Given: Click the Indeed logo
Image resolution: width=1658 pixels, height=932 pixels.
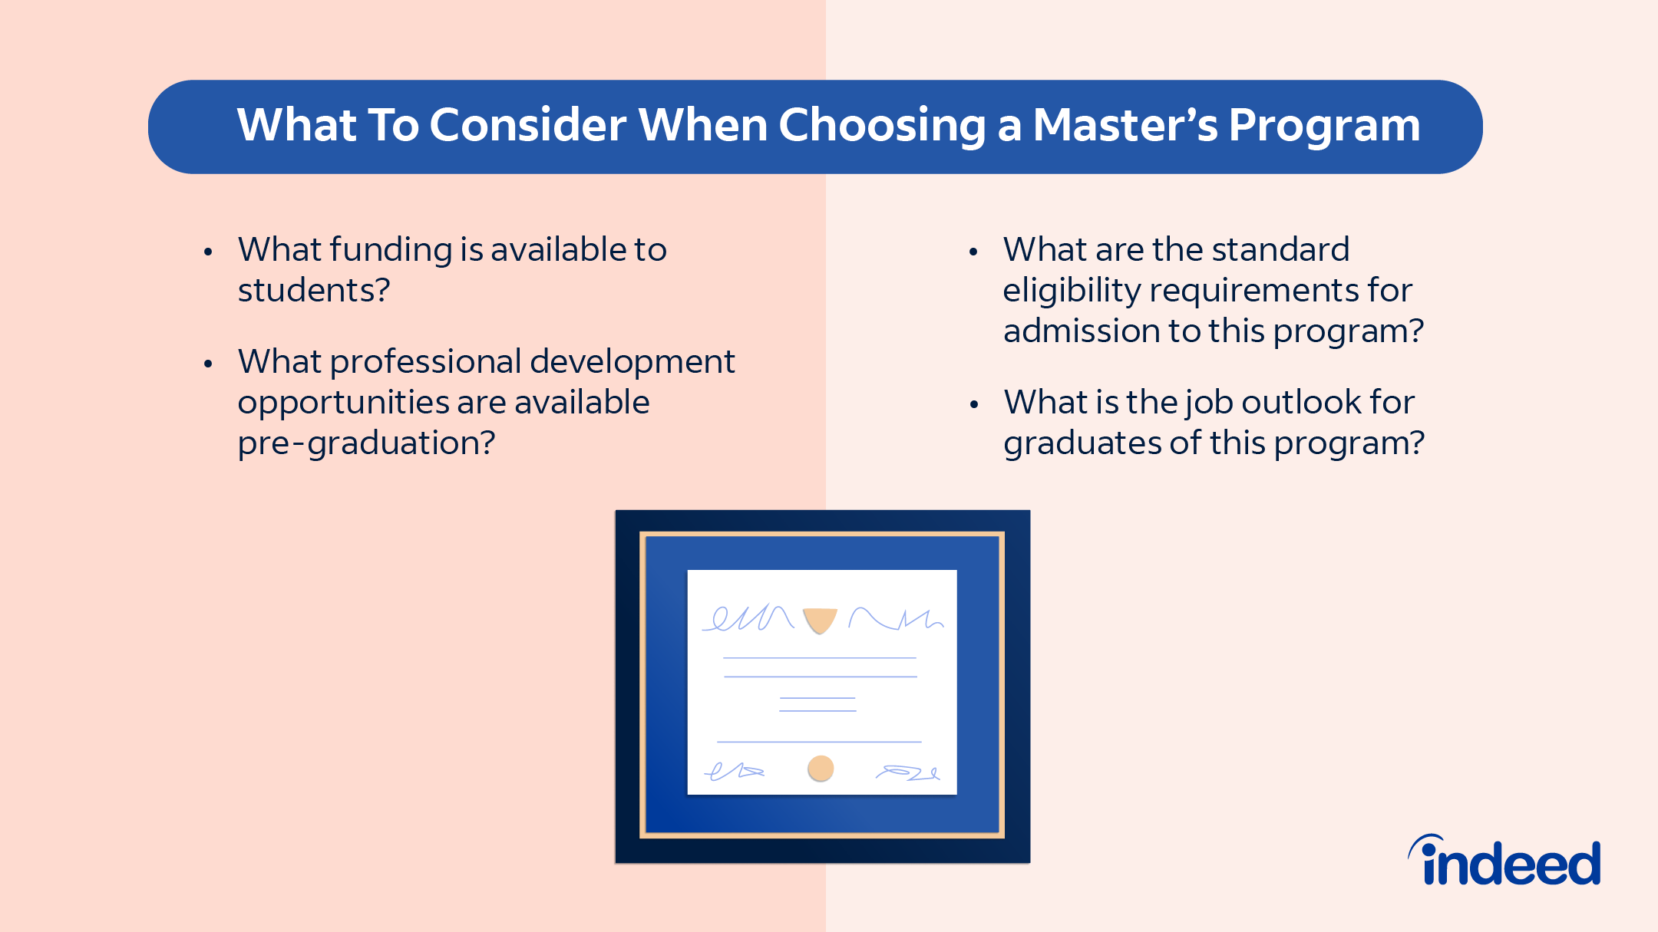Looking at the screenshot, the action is (1504, 861).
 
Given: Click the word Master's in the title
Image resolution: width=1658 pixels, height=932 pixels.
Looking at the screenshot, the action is (1125, 124).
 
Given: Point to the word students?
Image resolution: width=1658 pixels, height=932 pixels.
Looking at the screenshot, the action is (314, 290).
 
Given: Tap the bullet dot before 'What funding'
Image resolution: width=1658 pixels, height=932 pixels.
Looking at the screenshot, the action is (208, 252).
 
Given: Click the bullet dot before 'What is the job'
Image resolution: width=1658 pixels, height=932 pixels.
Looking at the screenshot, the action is (973, 404).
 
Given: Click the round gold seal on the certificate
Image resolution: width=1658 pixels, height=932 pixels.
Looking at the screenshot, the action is (821, 768).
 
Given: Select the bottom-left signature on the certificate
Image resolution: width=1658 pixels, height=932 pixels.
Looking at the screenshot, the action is (735, 771).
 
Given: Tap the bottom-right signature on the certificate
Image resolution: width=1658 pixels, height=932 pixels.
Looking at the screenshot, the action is (908, 772).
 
